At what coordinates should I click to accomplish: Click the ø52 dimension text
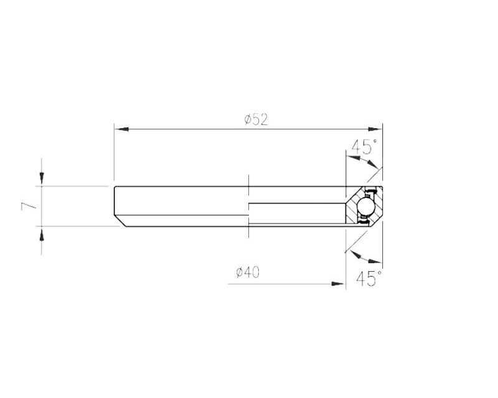tap(256, 119)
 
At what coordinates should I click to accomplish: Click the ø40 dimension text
tap(248, 272)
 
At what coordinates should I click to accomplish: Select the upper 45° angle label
tap(364, 147)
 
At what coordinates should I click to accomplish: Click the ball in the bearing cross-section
tap(365, 205)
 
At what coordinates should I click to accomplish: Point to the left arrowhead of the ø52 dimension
tap(120, 129)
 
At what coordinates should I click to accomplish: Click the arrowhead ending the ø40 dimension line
tap(339, 284)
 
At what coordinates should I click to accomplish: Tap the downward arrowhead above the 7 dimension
tap(42, 180)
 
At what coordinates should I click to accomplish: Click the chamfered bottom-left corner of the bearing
tap(120, 221)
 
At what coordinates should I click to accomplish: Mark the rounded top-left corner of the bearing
tap(116, 188)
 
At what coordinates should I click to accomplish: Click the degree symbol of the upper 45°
tap(374, 143)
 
